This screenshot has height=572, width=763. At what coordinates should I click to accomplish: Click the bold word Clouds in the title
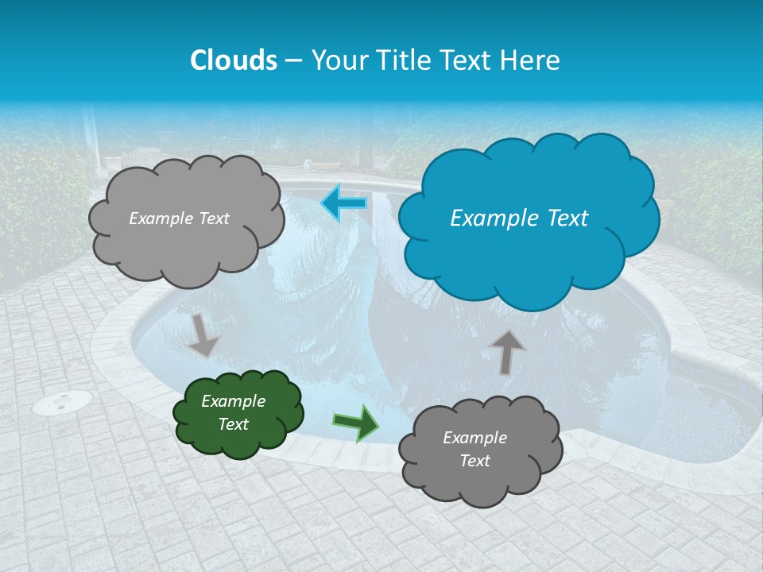pyautogui.click(x=234, y=60)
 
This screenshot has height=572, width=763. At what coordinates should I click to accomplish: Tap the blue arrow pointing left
pyautogui.click(x=343, y=203)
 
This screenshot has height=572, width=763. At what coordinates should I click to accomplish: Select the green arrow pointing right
pyautogui.click(x=355, y=422)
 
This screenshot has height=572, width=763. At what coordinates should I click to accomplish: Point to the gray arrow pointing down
pyautogui.click(x=203, y=334)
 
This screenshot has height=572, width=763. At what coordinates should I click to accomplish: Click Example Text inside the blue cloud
pyautogui.click(x=519, y=218)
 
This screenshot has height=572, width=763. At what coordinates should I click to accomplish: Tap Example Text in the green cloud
pyautogui.click(x=233, y=413)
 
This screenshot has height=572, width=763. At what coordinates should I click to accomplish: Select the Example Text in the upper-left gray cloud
pyautogui.click(x=179, y=218)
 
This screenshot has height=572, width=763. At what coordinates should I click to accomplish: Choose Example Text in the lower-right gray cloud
pyautogui.click(x=474, y=449)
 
